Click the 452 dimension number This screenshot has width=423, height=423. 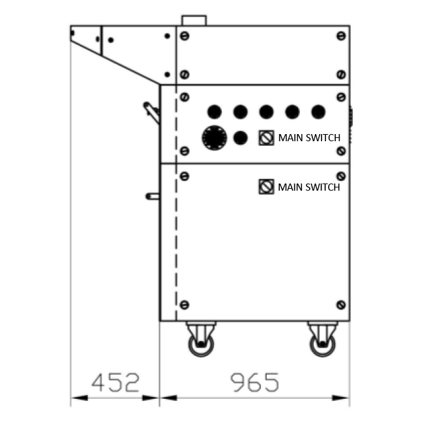pos(115,382)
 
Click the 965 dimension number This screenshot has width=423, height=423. pos(254,382)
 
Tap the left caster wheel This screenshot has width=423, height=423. pos(201,345)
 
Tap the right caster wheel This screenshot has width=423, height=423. pos(322,345)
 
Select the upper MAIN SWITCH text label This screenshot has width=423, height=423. pos(309,138)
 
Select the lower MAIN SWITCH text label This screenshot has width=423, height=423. pos(309,187)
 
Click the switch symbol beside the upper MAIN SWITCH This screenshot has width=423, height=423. pos(266,138)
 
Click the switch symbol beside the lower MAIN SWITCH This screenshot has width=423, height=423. pos(266,187)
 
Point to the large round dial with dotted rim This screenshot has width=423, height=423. pos(215,138)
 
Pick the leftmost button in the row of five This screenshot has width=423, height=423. pos(215,112)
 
